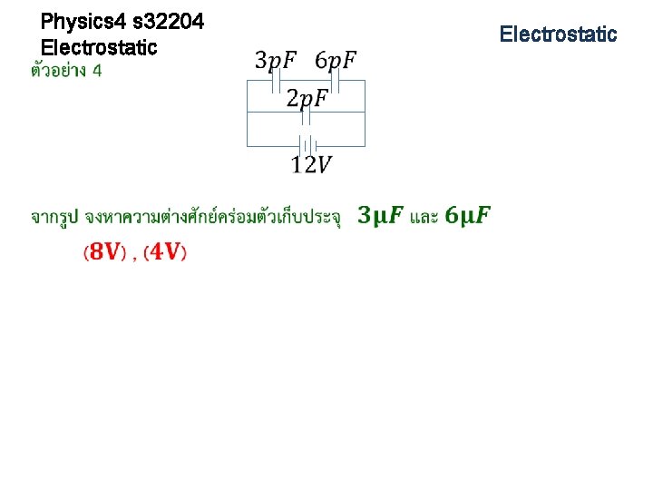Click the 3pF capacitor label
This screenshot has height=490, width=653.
tap(276, 61)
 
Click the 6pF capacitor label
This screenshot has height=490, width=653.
tap(336, 61)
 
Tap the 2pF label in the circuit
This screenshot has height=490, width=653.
tap(307, 97)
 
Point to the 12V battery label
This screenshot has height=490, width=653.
tap(311, 164)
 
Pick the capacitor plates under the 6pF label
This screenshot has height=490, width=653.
tap(335, 83)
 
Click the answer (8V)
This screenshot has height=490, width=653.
tap(104, 252)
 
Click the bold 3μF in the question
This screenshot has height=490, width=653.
tap(381, 216)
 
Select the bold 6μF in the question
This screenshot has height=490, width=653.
tap(468, 216)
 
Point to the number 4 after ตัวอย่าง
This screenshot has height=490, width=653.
tap(96, 72)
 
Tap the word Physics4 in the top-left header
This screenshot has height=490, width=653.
tap(79, 20)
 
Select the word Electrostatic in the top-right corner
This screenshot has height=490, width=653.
tap(558, 34)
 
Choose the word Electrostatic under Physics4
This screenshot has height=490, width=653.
tap(99, 46)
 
